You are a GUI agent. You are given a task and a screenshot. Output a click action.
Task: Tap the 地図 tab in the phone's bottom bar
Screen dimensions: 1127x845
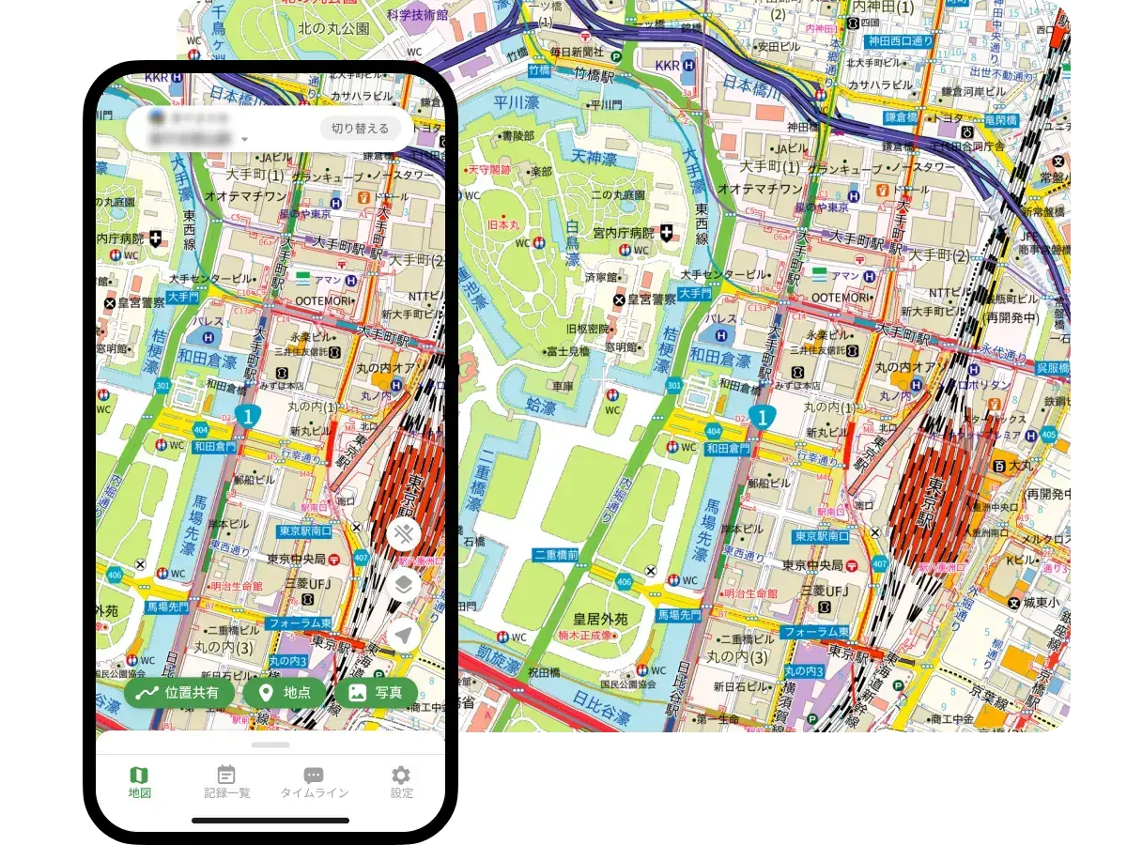139,782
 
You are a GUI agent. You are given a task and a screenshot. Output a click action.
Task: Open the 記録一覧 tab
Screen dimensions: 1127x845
226,782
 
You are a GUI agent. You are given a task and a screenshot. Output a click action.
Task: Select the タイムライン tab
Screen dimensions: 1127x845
314,782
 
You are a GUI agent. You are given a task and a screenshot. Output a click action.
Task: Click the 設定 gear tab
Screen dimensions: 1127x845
401,782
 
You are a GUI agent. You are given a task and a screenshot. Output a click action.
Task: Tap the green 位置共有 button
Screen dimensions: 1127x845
179,693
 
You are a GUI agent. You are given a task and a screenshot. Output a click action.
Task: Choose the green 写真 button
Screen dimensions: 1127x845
376,693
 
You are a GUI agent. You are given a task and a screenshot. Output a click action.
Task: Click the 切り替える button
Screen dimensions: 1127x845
360,129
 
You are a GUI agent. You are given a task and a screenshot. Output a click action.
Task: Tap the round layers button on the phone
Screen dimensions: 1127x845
404,585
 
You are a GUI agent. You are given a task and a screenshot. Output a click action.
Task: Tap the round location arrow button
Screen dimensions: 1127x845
404,636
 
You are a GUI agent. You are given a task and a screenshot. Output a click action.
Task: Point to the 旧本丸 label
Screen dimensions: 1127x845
504,227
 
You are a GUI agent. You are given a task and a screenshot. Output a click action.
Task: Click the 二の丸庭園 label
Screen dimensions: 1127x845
617,194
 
